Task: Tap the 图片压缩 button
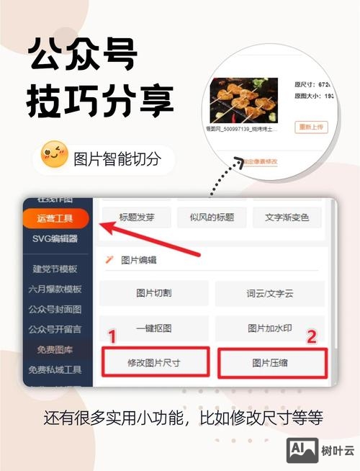coord(270,363)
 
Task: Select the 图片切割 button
coord(153,293)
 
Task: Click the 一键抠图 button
coord(153,328)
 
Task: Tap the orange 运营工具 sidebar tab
coord(55,218)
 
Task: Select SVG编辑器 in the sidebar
coord(55,239)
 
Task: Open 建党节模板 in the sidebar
coord(55,269)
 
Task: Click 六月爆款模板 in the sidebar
coord(55,290)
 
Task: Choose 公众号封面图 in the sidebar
coord(55,310)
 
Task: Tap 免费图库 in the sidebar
coord(55,350)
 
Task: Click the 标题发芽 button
coord(136,217)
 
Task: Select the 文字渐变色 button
coord(287,217)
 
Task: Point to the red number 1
coord(112,336)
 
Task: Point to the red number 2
coord(312,336)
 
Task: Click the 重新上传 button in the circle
coord(311,127)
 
